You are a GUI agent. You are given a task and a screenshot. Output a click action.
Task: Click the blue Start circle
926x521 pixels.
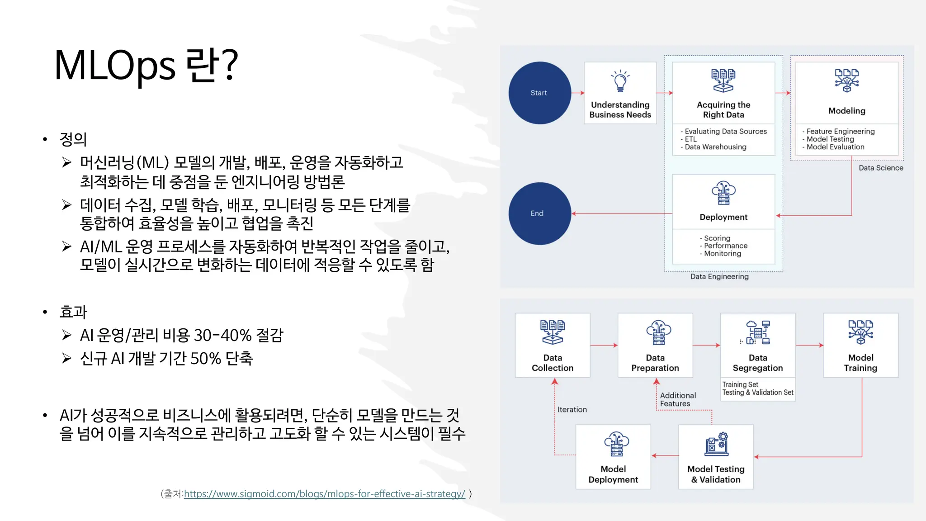coord(539,93)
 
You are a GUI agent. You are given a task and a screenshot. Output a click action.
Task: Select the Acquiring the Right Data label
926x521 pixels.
coord(723,109)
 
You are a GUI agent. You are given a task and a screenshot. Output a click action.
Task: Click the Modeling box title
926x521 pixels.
coord(846,111)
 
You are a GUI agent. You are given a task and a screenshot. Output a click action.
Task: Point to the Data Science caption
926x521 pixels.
coord(880,168)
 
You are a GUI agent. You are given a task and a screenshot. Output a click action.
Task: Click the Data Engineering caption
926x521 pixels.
coord(719,276)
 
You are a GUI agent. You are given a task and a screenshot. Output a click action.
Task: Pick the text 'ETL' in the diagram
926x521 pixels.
coord(690,139)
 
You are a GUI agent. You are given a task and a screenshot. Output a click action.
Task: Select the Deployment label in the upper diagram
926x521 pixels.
coord(723,217)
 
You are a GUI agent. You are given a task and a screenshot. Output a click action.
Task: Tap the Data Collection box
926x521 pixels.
coord(552,345)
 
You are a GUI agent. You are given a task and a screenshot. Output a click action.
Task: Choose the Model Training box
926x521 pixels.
coord(860,345)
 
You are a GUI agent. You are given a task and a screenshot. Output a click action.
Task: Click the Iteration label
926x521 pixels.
coord(572,409)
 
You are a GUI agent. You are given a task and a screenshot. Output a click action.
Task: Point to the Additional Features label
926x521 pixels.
coord(677,399)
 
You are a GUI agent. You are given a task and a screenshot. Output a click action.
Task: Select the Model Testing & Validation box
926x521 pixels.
coord(715,457)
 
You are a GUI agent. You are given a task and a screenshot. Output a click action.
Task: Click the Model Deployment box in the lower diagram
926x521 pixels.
coord(613,457)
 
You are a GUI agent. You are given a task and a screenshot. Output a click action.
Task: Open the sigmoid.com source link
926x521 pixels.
coord(324,494)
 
